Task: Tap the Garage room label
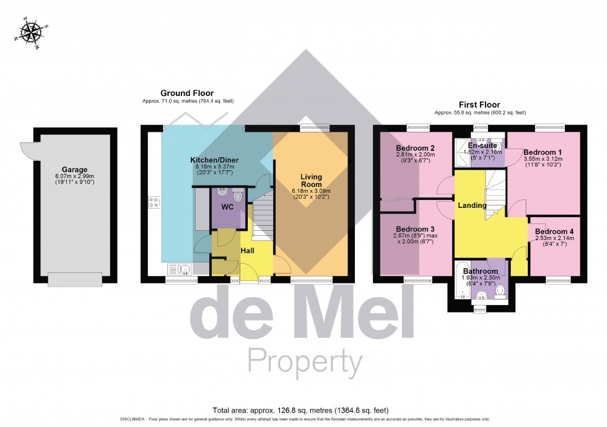click(x=74, y=170)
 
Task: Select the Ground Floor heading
click(x=188, y=93)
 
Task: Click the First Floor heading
click(x=480, y=105)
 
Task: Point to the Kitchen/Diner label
click(x=214, y=160)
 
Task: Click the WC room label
click(x=227, y=206)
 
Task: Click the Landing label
click(x=472, y=205)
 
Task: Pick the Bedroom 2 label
click(x=414, y=148)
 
